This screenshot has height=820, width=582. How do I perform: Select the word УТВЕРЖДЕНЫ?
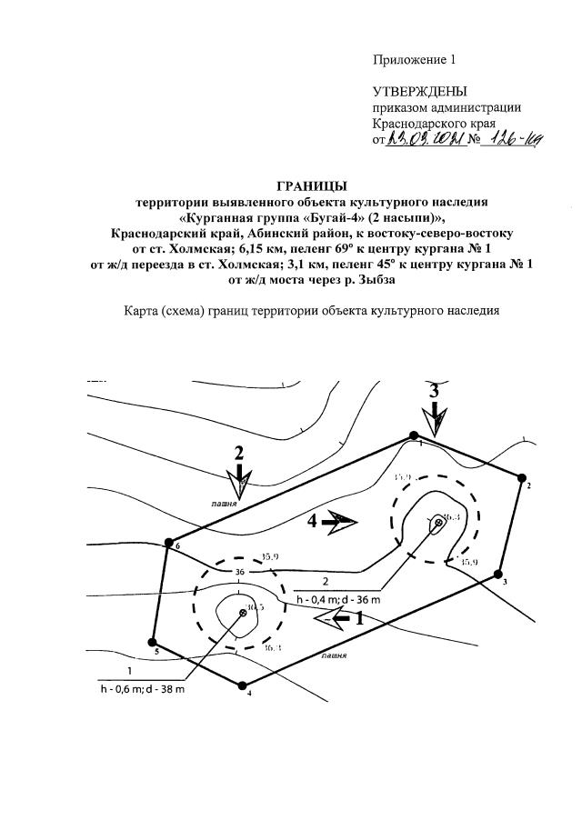coord(419,92)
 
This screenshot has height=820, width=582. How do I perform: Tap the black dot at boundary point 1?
coord(414,436)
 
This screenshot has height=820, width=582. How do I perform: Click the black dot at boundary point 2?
coord(522,476)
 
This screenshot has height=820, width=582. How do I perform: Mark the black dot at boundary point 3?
coord(497,574)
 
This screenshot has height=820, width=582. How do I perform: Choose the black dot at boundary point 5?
coord(152,642)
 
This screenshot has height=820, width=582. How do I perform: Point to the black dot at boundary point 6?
coord(168,543)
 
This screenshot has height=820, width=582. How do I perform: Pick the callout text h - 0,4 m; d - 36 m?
coord(337,600)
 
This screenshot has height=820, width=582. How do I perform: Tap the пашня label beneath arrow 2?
coord(224,502)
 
